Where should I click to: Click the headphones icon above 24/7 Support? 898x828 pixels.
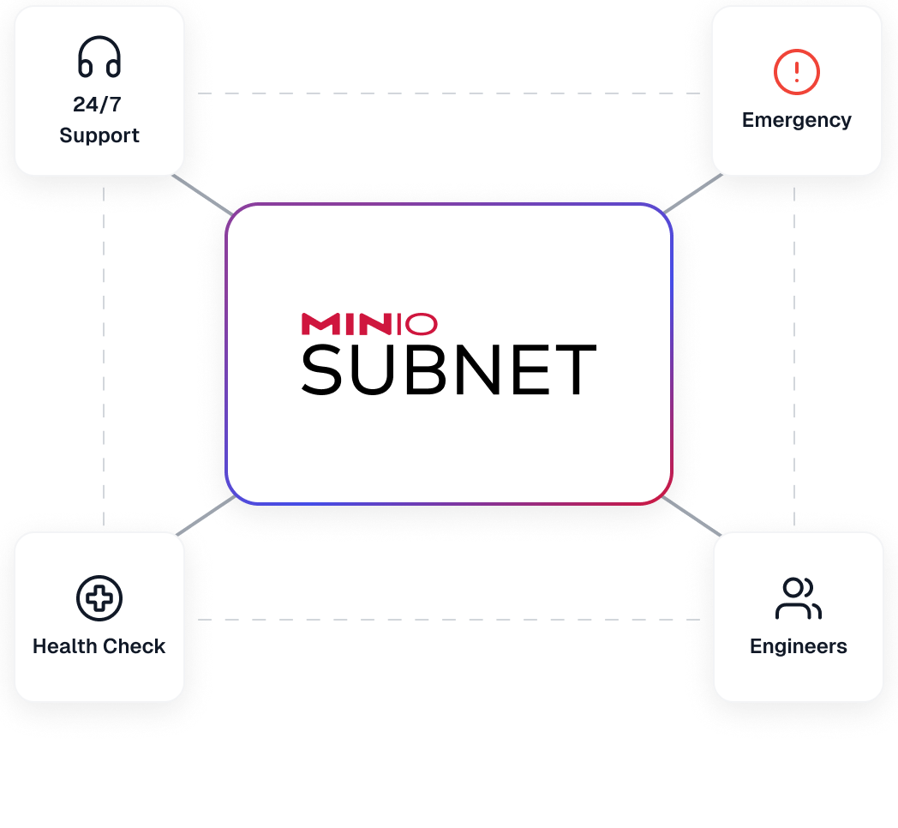coord(99,58)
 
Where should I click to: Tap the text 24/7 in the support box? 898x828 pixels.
coord(97,105)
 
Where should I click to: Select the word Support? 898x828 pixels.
coord(99,135)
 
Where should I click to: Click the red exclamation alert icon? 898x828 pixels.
coord(797,71)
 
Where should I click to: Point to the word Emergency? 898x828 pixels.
coord(797,120)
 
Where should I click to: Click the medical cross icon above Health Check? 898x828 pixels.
coord(99,597)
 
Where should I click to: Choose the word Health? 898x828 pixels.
coord(64,646)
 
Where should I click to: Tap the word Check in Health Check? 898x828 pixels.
coord(133,646)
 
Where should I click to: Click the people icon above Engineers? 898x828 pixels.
coord(798,598)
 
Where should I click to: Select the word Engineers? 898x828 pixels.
coord(798,646)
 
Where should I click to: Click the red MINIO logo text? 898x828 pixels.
coord(369,324)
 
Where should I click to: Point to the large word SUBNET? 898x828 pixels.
coord(448,370)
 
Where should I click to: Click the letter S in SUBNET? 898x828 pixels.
coord(321,370)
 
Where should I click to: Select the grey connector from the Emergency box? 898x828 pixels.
coord(693,193)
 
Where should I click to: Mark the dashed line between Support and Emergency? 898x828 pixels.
coord(448,93)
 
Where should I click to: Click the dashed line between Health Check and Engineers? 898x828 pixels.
coord(448,619)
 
